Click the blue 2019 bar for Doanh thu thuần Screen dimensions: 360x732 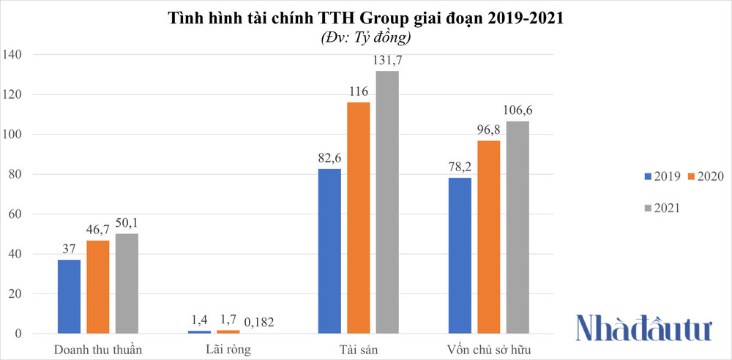tap(69, 296)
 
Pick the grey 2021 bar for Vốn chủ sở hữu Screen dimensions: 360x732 tap(517, 228)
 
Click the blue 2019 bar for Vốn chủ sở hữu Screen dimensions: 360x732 tap(459, 255)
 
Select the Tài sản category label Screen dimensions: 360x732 tap(359, 350)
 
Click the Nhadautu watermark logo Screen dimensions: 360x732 tap(643, 328)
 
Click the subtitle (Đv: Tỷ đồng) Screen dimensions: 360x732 tap(365, 37)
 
